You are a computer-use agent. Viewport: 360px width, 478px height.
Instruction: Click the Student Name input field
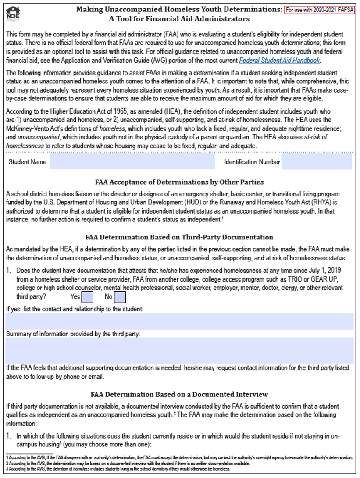pyautogui.click(x=132, y=162)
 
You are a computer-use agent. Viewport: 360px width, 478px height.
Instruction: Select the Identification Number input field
pyautogui.click(x=316, y=162)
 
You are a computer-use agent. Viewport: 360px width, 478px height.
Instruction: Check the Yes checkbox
pyautogui.click(x=87, y=297)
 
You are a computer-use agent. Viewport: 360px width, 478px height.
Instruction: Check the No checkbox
pyautogui.click(x=120, y=297)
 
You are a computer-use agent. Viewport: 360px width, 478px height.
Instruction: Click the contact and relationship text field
pyautogui.click(x=180, y=321)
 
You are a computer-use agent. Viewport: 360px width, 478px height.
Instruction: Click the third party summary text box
pyautogui.click(x=180, y=350)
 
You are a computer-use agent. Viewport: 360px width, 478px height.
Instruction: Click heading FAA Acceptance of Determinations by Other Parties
pyautogui.click(x=179, y=182)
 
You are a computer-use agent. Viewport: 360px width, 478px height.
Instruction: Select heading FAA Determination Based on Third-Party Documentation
pyautogui.click(x=179, y=237)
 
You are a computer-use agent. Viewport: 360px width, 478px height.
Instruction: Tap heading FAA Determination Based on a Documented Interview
pyautogui.click(x=179, y=394)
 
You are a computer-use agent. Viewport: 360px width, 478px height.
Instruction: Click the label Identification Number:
pyautogui.click(x=252, y=162)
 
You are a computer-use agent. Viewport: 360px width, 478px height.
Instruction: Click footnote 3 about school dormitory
pyautogui.click(x=118, y=468)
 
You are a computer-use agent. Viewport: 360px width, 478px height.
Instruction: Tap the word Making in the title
pyautogui.click(x=90, y=9)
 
